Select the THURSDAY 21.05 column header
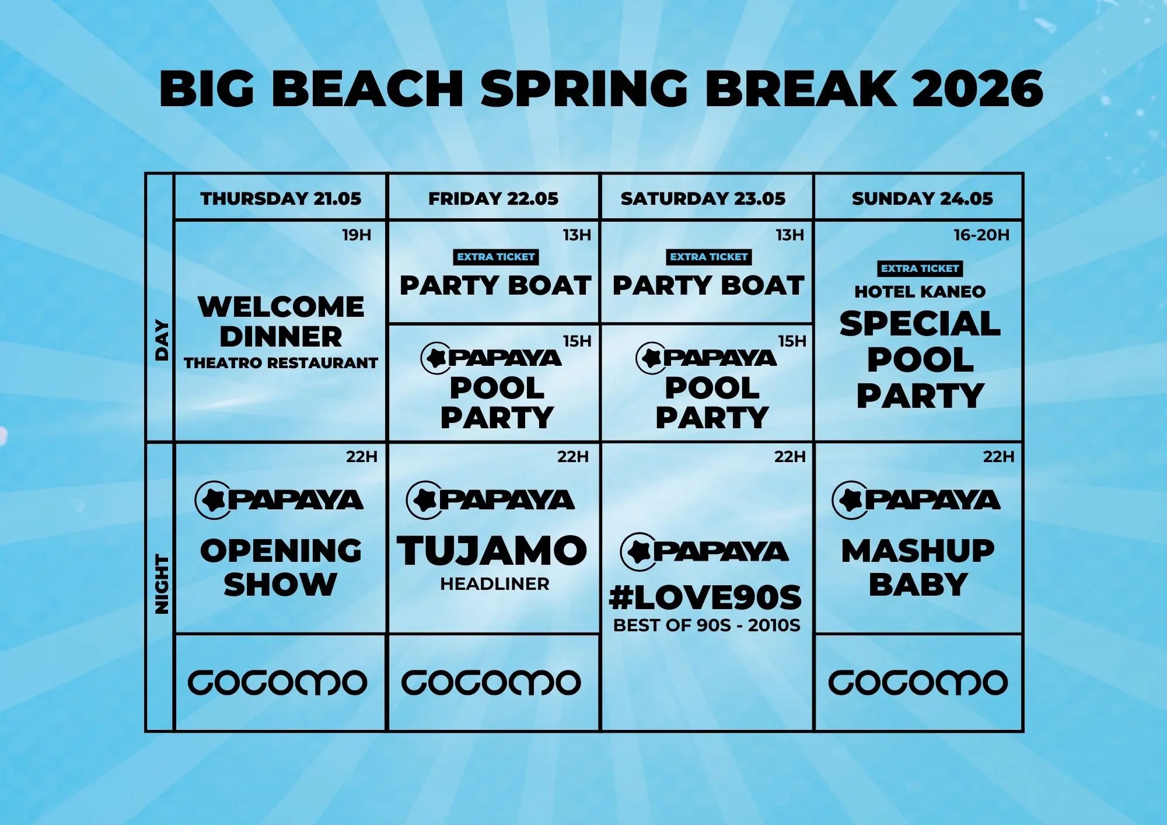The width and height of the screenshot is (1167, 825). coord(281,198)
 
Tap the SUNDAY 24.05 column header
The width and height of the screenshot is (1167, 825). coord(922,198)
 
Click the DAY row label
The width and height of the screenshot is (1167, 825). coord(161,340)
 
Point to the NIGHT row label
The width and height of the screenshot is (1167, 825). coord(161,585)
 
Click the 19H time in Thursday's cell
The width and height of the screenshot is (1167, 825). coord(357,235)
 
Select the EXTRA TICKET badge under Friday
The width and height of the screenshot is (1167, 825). coord(495,257)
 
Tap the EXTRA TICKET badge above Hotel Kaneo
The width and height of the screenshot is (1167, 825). coord(920,268)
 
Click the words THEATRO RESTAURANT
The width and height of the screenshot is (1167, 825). coord(281,363)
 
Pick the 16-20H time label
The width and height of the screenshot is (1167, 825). coord(981,235)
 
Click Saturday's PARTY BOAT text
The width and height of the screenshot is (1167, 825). coord(708,286)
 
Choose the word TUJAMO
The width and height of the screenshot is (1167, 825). coord(492,551)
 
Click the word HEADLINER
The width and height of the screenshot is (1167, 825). coord(494,584)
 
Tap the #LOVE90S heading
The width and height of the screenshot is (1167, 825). coord(705,597)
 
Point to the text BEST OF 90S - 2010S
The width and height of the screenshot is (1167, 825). coord(707,625)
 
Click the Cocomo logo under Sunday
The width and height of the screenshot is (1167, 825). coord(918,683)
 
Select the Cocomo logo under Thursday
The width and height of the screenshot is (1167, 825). coord(277,683)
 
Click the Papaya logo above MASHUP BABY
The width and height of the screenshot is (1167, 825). coord(916,500)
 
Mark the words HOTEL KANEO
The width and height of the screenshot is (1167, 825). coord(920,292)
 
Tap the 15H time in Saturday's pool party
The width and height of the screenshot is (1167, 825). coord(792,341)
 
